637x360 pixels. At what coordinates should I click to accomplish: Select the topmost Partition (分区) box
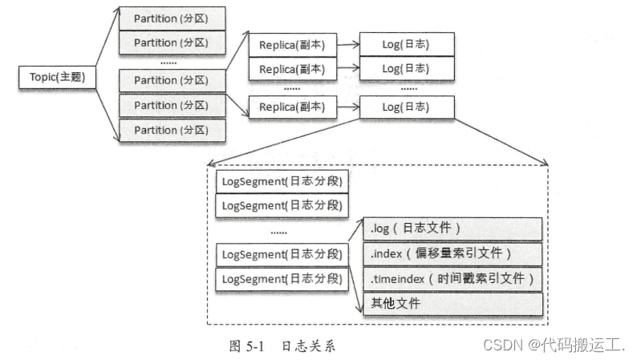pyautogui.click(x=171, y=18)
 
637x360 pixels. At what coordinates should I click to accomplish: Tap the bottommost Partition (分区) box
pyautogui.click(x=171, y=130)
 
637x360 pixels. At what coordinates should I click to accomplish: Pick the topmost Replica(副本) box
pyautogui.click(x=291, y=45)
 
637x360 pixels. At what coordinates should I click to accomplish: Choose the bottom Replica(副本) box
pyautogui.click(x=291, y=106)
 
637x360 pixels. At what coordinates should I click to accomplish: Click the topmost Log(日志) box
pyautogui.click(x=406, y=45)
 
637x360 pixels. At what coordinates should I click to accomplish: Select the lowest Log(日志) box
pyautogui.click(x=406, y=106)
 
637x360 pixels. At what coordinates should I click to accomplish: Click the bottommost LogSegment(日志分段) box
pyautogui.click(x=282, y=279)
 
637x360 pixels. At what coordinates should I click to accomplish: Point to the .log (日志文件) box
pyautogui.click(x=452, y=229)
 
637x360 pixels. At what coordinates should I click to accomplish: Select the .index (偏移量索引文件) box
pyautogui.click(x=452, y=253)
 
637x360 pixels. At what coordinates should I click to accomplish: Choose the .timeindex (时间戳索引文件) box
pyautogui.click(x=452, y=279)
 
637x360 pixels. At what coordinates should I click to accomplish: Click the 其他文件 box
pyautogui.click(x=452, y=304)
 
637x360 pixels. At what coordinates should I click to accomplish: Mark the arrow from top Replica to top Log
pyautogui.click(x=347, y=45)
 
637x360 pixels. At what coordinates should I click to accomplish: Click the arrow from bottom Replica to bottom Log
pyautogui.click(x=347, y=106)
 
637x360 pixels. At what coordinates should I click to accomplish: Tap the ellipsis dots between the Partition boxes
pyautogui.click(x=168, y=61)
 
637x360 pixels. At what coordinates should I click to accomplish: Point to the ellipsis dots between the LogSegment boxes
pyautogui.click(x=279, y=232)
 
